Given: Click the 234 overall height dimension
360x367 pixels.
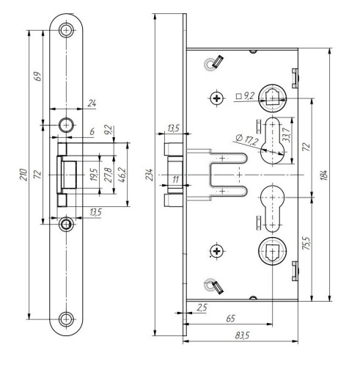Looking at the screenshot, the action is coord(149,175).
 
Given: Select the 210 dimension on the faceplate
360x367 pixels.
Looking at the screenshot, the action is coord(23,175).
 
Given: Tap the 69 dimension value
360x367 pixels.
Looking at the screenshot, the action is coord(38,76).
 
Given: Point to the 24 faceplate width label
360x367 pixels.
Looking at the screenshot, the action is coord(92,103).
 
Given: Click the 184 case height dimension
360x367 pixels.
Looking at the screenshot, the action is coord(323,175).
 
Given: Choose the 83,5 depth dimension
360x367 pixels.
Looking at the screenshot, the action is coord(242,335).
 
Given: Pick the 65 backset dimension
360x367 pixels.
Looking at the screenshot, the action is coord(230,319).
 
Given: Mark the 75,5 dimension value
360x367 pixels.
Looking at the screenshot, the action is coord(306,243).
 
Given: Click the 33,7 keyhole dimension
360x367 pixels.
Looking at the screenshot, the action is coord(286,134).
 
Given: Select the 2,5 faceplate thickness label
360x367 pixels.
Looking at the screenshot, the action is coord(202,308).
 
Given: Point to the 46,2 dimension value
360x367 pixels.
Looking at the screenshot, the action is coord(122,175).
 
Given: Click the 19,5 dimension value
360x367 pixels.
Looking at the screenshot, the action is coord(94,175).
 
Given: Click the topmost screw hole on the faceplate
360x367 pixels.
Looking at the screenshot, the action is coord(66,30).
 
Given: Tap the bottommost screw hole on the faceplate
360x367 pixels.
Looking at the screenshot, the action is coord(66,319).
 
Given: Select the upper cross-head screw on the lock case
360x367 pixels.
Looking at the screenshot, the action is coord(217,98).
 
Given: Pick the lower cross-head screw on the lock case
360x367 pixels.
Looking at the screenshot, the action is coord(216,251).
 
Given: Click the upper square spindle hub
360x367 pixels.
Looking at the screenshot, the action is coord(272,98).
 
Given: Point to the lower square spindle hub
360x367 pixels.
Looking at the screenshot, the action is coord(272,251).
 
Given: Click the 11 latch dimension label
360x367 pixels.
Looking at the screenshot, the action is coord(175,180).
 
